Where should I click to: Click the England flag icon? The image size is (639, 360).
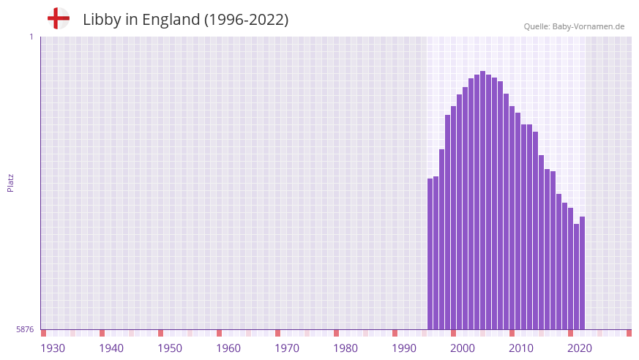[x=58, y=18]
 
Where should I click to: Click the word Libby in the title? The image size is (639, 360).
[x=100, y=20]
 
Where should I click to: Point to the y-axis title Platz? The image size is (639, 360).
[x=10, y=183]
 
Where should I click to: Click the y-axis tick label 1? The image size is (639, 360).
[x=31, y=37]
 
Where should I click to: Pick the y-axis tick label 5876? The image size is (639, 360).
[x=25, y=330]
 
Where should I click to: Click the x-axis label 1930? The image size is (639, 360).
[x=53, y=348]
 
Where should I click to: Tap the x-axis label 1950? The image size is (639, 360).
[x=170, y=348]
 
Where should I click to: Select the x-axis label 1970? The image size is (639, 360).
[x=287, y=348]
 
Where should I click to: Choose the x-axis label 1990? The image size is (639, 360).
[x=404, y=348]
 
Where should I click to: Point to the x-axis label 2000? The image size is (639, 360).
[x=463, y=348]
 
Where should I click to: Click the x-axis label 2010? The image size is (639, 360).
[x=521, y=348]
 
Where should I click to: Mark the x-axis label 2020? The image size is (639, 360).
[x=580, y=348]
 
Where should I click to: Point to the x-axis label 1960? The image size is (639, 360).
[x=228, y=348]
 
